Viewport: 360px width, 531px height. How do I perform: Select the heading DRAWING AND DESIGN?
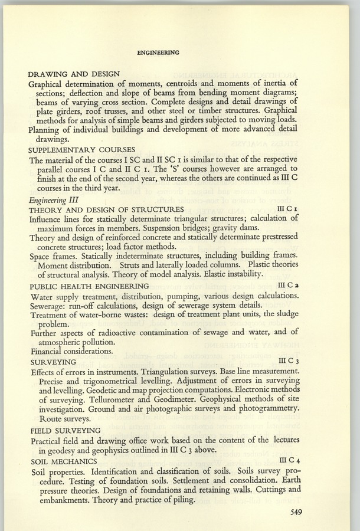tap(74, 74)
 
